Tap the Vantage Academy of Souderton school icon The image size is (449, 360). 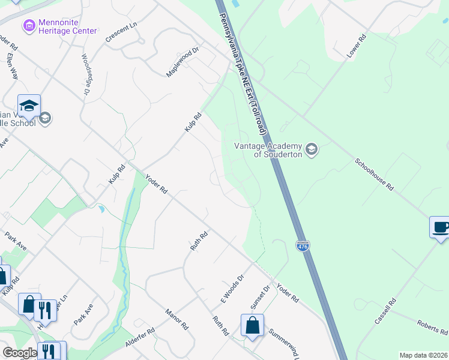tap(311, 148)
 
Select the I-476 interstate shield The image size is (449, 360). tap(303, 246)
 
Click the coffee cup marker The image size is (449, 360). tap(440, 228)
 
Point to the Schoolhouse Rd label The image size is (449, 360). tap(373, 175)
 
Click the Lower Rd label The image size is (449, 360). tap(356, 47)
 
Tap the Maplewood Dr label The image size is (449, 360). tap(182, 62)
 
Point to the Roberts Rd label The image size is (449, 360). tap(432, 327)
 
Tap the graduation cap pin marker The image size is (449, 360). tap(29, 106)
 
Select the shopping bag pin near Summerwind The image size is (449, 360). tap(252, 325)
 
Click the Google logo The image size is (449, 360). tap(20, 353)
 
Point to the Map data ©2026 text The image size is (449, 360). tap(423, 355)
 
